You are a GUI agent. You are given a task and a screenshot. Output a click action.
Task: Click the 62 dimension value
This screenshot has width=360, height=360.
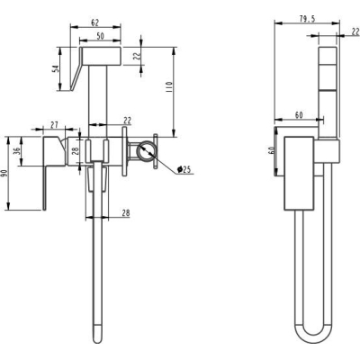tap(95, 22)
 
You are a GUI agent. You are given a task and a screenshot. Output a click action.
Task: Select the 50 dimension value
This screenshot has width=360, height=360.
tap(101, 36)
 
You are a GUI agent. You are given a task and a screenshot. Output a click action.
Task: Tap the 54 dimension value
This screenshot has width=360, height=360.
tap(56, 68)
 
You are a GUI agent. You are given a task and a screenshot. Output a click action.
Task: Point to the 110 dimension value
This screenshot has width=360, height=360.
tap(168, 86)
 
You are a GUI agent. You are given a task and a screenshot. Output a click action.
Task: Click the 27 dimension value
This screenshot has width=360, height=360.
tap(54, 125)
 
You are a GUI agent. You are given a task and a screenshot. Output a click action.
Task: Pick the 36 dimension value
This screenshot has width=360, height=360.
tap(17, 150)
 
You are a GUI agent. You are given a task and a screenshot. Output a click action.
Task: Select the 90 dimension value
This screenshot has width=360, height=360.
tap(4, 174)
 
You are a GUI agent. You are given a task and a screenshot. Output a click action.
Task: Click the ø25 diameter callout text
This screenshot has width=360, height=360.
tap(184, 169)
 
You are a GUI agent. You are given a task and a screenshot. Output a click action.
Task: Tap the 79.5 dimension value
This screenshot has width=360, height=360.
tap(308, 19)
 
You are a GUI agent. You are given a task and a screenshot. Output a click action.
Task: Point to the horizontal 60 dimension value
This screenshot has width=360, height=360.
tap(299, 115)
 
